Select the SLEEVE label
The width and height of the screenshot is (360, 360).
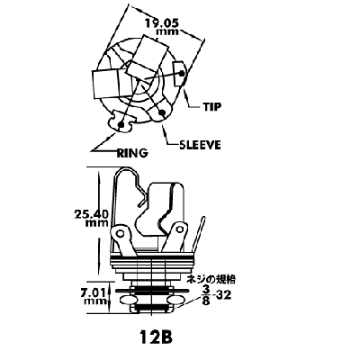pyautogui.click(x=200, y=145)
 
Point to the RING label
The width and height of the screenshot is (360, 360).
pyautogui.click(x=132, y=153)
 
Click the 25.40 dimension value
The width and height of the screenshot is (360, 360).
pyautogui.click(x=91, y=214)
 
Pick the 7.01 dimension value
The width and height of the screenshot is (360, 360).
pyautogui.click(x=93, y=292)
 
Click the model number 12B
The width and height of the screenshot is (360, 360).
pyautogui.click(x=156, y=337)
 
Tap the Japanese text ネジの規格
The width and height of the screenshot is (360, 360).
pyautogui.click(x=211, y=280)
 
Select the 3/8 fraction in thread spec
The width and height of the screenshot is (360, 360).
pyautogui.click(x=206, y=295)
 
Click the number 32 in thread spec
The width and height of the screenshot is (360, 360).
pyautogui.click(x=224, y=296)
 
